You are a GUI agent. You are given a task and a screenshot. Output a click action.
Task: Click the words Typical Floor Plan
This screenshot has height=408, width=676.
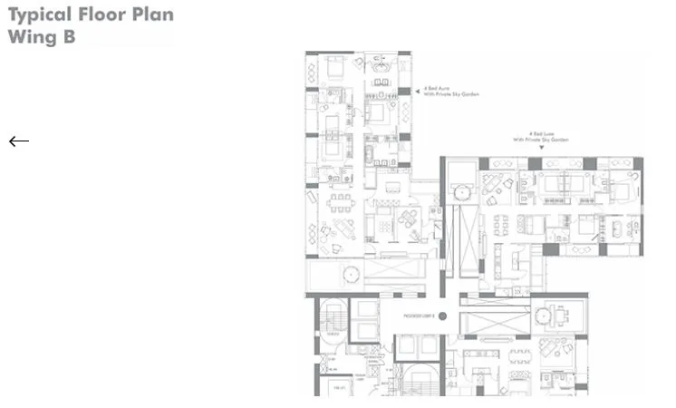(91, 15)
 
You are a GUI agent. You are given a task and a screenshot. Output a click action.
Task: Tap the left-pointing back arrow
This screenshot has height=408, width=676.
(19, 141)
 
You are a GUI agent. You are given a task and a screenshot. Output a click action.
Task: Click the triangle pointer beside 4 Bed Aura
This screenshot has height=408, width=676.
(418, 92)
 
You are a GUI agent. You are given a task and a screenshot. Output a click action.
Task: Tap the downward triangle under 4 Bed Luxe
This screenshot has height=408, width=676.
(541, 148)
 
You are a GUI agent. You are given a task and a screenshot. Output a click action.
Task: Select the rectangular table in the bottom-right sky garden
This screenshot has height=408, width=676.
(563, 315)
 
